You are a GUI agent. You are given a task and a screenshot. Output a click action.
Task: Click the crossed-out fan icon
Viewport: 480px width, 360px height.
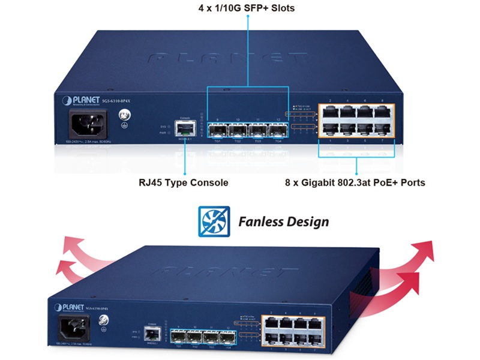pyautogui.click(x=214, y=222)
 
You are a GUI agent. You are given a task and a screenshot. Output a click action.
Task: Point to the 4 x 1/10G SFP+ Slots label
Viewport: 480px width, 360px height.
pyautogui.click(x=247, y=9)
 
